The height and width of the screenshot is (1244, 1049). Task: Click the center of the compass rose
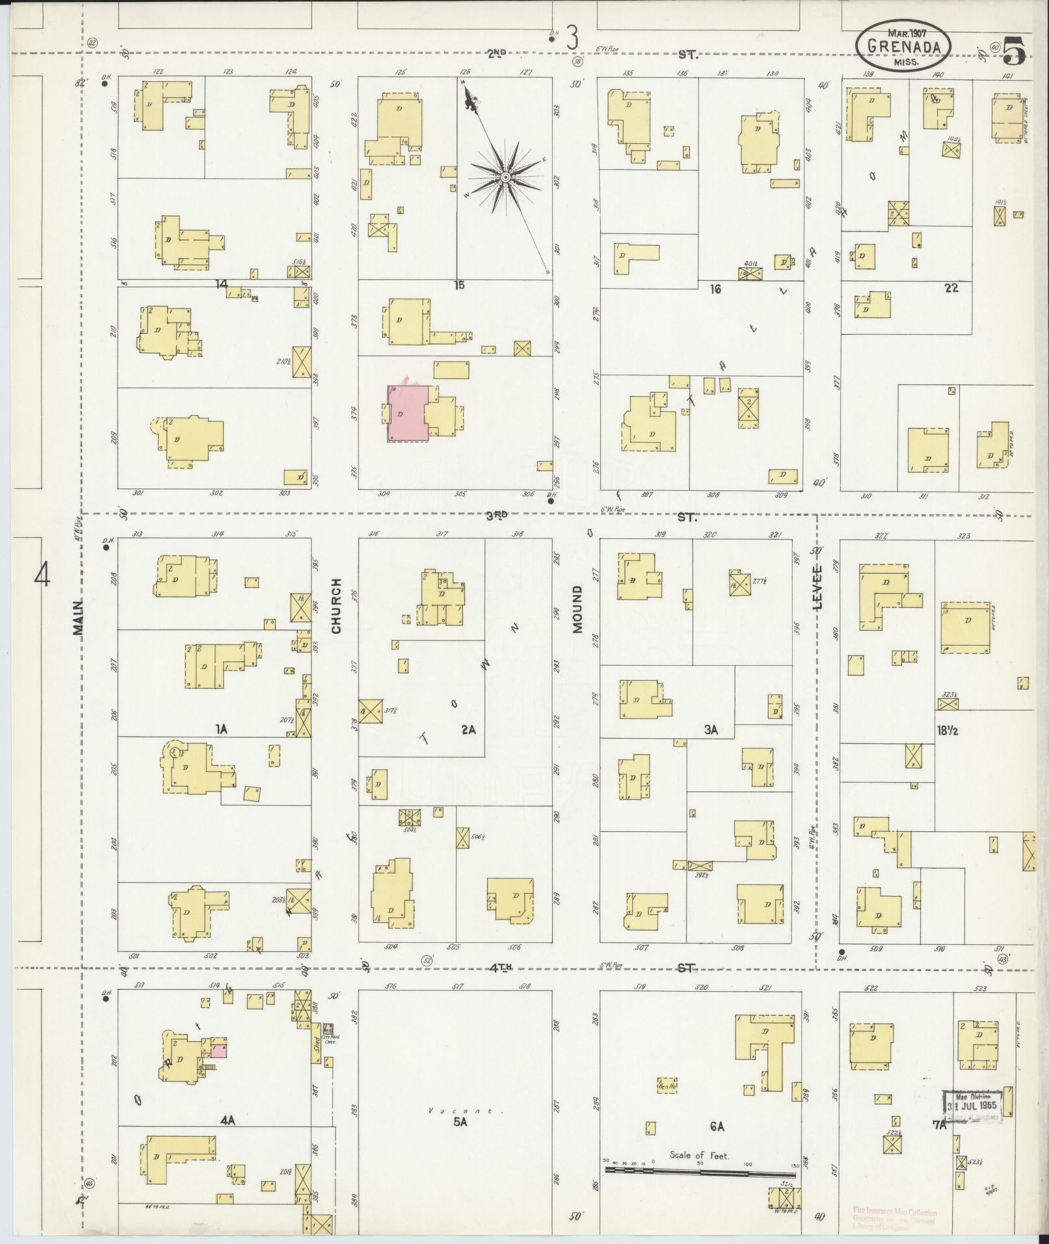(505, 176)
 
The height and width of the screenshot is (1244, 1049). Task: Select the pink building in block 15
(407, 414)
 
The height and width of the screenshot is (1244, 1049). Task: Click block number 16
(715, 289)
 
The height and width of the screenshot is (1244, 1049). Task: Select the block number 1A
(222, 730)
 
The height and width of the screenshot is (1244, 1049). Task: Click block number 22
(951, 287)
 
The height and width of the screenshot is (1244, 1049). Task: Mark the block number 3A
(710, 730)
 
